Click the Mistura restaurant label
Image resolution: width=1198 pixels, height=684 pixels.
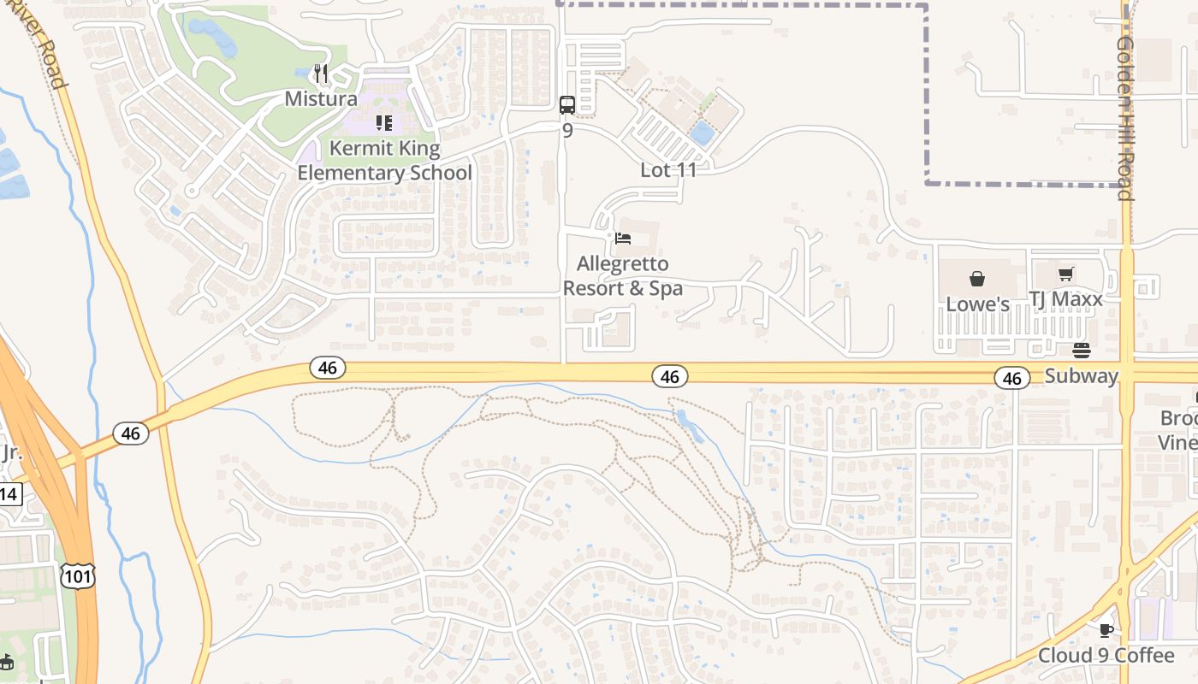click(x=321, y=98)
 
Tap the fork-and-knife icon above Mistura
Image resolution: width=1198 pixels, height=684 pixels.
click(x=321, y=74)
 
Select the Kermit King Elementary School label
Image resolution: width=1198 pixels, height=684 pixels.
click(x=384, y=161)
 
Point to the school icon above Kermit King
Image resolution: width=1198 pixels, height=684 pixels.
click(x=383, y=124)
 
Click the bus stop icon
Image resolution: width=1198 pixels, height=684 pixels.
click(x=566, y=104)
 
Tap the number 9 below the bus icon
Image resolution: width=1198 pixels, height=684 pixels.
click(x=566, y=132)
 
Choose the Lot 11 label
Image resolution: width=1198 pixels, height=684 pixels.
click(x=668, y=169)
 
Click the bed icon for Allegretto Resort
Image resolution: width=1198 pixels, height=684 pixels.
click(x=623, y=238)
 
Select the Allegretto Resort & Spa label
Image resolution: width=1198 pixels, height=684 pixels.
click(x=623, y=276)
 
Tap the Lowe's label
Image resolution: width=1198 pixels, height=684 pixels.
click(x=977, y=304)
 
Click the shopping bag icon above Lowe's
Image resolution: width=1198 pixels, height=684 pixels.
click(x=977, y=279)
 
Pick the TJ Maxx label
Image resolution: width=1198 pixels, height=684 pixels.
click(x=1065, y=299)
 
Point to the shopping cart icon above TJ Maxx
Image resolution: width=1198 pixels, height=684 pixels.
click(x=1065, y=274)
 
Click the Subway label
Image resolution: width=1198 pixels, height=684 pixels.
click(x=1082, y=375)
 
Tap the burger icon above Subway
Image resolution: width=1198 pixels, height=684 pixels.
click(x=1082, y=351)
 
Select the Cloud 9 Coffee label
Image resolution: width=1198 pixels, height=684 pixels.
click(x=1106, y=656)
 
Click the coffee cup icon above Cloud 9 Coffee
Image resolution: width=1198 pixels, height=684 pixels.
click(x=1106, y=630)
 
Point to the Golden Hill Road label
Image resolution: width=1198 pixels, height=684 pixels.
click(x=1125, y=118)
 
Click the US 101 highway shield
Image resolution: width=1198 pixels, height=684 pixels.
click(x=77, y=576)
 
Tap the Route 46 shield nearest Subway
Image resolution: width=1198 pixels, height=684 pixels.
click(x=1011, y=377)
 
